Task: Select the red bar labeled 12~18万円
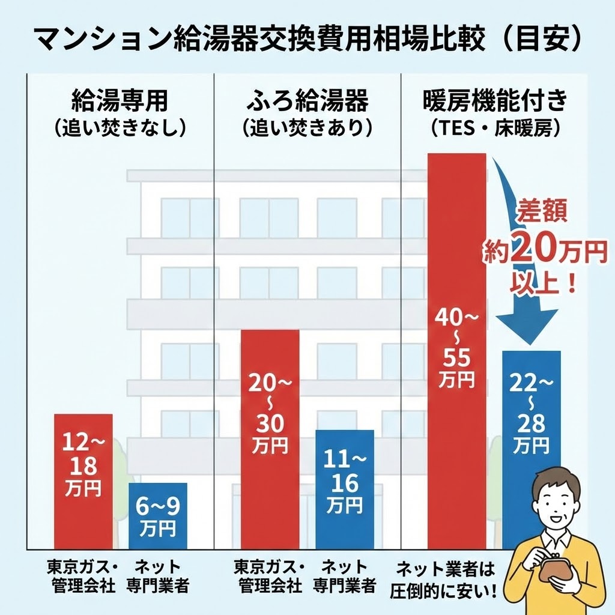[x=83, y=480]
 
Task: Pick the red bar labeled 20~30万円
[x=270, y=438]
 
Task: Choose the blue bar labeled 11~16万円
[x=345, y=489]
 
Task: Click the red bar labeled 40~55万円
[x=456, y=348]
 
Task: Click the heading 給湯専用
[x=120, y=101]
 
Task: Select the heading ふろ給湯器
[x=307, y=101]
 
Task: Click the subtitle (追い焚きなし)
[x=120, y=128]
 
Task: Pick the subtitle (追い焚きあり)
[x=307, y=128]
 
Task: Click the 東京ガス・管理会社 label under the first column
[x=83, y=576]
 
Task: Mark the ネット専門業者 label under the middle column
[x=345, y=576]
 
